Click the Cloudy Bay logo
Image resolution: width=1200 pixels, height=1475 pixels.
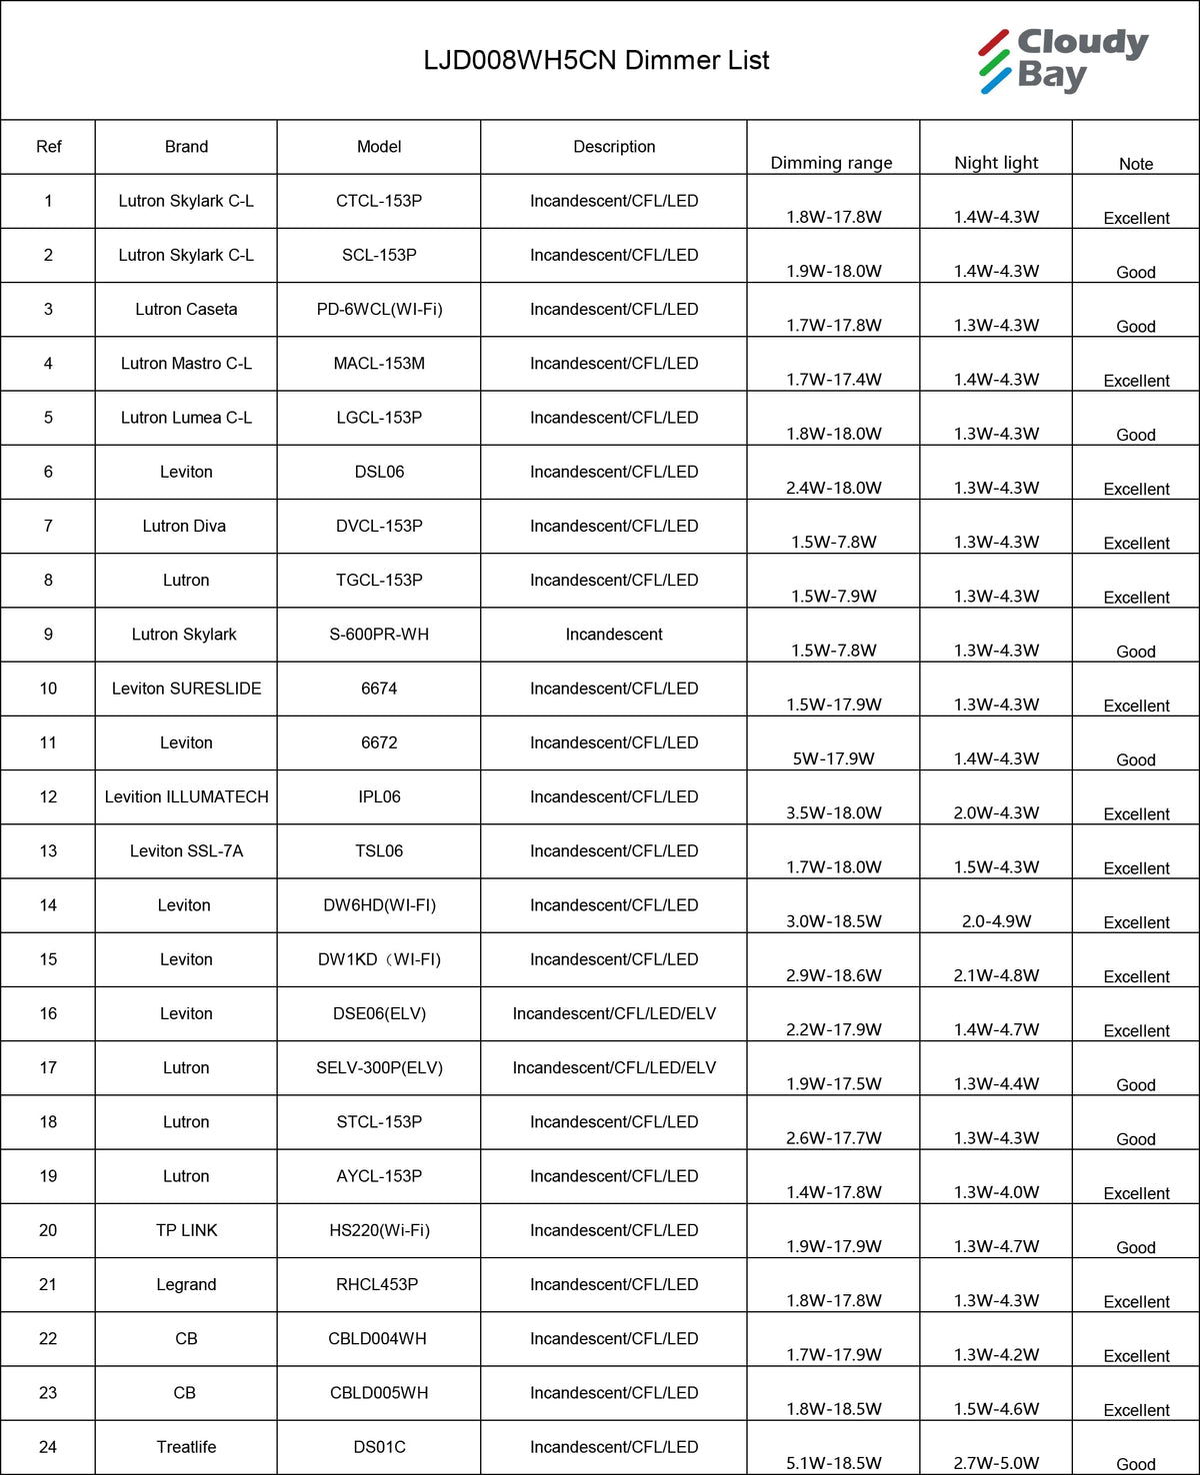[1063, 61]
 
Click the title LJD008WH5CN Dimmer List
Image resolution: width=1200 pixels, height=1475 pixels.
[596, 61]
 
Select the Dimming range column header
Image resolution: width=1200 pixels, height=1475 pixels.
[831, 163]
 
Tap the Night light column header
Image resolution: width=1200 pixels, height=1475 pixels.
[996, 163]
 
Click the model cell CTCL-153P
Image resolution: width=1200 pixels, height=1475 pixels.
[379, 201]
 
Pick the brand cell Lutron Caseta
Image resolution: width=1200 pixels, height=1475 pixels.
[186, 310]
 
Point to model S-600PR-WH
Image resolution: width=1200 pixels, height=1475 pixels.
[379, 635]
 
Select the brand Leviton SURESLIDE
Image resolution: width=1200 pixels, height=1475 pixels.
[186, 689]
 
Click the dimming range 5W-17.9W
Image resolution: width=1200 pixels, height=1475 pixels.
[833, 758]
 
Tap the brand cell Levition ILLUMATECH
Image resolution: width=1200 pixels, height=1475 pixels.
[186, 797]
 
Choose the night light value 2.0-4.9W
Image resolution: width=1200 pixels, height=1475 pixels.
[996, 921]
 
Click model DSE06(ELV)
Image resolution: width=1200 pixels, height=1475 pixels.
[379, 1013]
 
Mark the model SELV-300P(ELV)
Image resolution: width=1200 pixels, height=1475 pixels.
[379, 1068]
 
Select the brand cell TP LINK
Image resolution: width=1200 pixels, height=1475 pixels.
[186, 1230]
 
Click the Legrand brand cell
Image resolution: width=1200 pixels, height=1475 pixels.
[186, 1284]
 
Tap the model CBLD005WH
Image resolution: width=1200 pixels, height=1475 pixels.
[379, 1393]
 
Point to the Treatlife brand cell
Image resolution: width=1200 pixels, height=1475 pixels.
[186, 1447]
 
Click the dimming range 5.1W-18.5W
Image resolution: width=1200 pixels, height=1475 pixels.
[833, 1463]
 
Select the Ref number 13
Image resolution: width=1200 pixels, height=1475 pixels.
[48, 851]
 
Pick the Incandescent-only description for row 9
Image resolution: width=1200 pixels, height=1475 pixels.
[614, 635]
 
